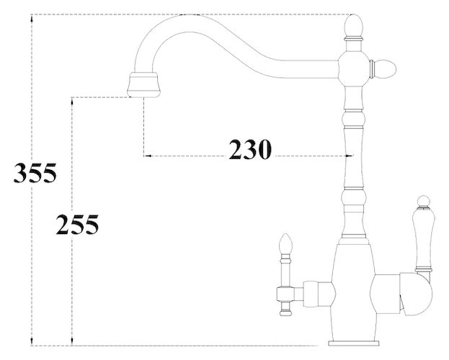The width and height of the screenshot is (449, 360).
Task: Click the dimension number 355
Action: click(x=35, y=173)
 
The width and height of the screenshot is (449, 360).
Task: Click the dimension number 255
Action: click(x=77, y=225)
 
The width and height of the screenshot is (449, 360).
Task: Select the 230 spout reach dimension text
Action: click(x=249, y=150)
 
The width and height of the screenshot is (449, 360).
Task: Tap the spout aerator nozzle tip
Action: click(x=143, y=85)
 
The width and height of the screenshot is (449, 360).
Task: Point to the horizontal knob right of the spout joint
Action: click(x=383, y=69)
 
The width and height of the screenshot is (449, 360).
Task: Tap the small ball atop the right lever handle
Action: click(x=424, y=201)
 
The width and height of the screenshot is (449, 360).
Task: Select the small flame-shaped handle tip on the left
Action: click(x=286, y=243)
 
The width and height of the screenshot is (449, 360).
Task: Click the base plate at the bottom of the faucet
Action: click(x=354, y=343)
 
